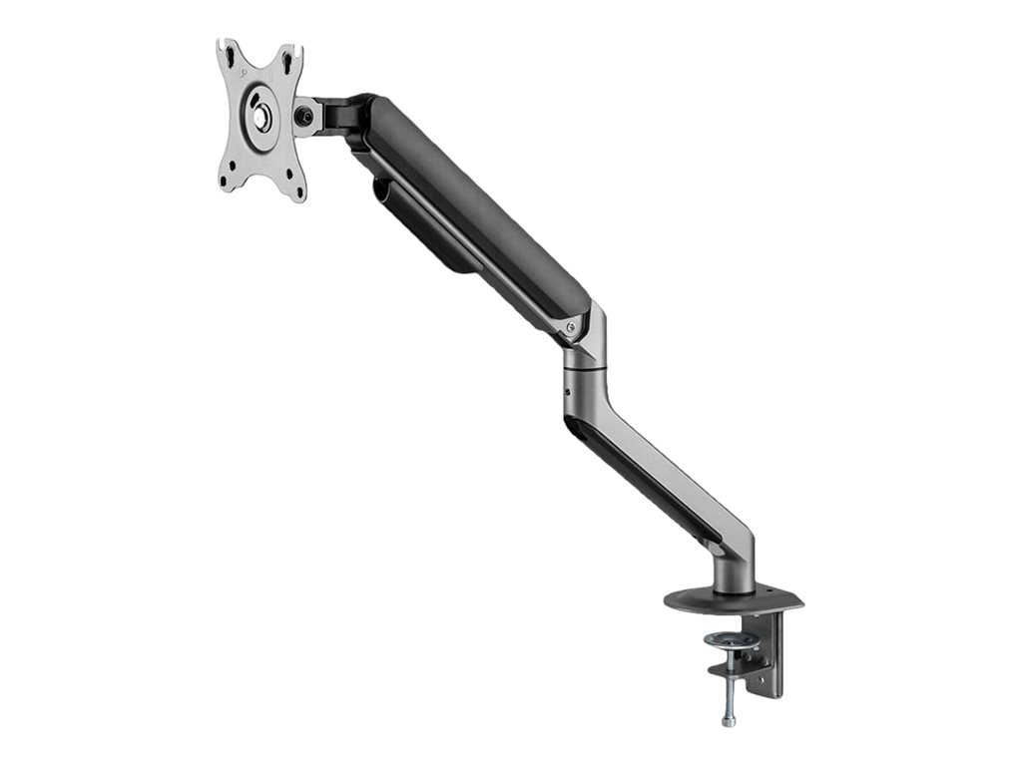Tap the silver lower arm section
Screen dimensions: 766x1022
659,469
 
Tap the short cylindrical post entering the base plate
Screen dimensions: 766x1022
735,574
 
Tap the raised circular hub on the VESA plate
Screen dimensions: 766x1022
262,113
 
